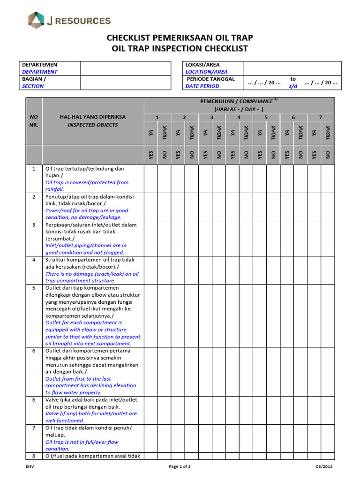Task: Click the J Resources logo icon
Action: [x=36, y=20]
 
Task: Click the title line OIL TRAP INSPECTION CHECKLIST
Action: [x=180, y=49]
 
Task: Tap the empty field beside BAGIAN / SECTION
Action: [x=126, y=82]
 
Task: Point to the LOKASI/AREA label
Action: [x=202, y=65]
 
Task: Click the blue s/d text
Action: [x=293, y=86]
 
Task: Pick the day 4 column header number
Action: [x=239, y=117]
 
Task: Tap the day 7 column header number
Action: [x=321, y=117]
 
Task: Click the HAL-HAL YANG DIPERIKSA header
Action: [x=92, y=117]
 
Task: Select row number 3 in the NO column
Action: [x=34, y=225]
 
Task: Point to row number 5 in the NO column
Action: [x=34, y=288]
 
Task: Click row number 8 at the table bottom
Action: [x=34, y=456]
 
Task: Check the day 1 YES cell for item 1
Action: [x=151, y=179]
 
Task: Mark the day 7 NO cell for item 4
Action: [x=328, y=270]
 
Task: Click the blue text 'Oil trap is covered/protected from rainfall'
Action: [x=87, y=186]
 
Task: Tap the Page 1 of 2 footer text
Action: [x=180, y=467]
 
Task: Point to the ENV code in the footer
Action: [x=30, y=467]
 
